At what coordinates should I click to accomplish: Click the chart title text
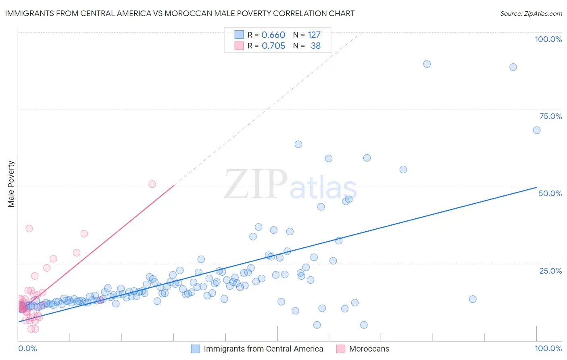point(180,13)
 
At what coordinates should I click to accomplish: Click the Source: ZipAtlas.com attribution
point(531,13)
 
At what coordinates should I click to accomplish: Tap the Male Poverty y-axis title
point(11,184)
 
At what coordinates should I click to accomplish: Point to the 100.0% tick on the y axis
point(548,39)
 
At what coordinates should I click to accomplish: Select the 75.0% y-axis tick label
point(550,116)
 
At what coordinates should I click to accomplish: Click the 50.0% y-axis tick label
point(550,193)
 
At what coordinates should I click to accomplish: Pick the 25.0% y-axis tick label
point(550,271)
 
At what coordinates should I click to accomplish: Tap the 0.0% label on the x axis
point(27,348)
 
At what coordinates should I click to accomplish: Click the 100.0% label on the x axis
point(548,348)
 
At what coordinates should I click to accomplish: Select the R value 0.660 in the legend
point(273,35)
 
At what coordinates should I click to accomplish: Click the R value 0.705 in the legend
point(273,46)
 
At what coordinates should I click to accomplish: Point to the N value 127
point(314,35)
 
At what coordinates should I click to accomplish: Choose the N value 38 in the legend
point(315,46)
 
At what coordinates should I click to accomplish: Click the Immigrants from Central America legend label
point(263,349)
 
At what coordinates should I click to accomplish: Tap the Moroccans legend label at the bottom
point(369,349)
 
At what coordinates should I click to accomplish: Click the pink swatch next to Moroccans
point(341,349)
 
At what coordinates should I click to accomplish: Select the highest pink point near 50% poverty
point(152,184)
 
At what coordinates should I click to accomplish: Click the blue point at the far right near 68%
point(537,130)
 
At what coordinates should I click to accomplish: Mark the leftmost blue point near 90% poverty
point(427,64)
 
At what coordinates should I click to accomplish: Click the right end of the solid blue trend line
point(536,187)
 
